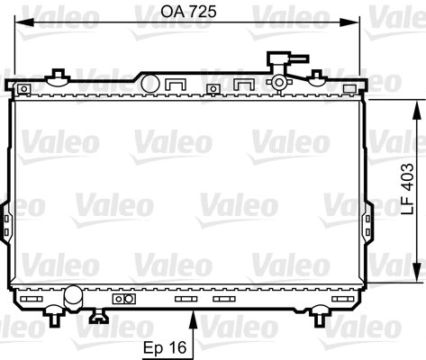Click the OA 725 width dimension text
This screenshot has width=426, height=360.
pyautogui.click(x=190, y=13)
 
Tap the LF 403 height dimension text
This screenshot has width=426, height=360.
pyautogui.click(x=409, y=192)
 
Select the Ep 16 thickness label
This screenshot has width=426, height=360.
pyautogui.click(x=167, y=346)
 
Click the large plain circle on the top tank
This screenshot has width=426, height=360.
pyautogui.click(x=150, y=84)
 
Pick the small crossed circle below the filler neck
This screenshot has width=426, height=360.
pyautogui.click(x=280, y=84)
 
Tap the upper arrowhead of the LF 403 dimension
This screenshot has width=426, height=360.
pyautogui.click(x=417, y=106)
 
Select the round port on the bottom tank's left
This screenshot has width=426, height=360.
pyautogui.click(x=73, y=294)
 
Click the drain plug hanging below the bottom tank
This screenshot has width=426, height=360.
pyautogui.click(x=96, y=316)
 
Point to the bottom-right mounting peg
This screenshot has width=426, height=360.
pyautogui.click(x=321, y=316)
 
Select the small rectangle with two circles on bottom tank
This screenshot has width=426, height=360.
pyautogui.click(x=122, y=299)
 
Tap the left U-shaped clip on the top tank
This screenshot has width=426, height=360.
pyautogui.click(x=177, y=86)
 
